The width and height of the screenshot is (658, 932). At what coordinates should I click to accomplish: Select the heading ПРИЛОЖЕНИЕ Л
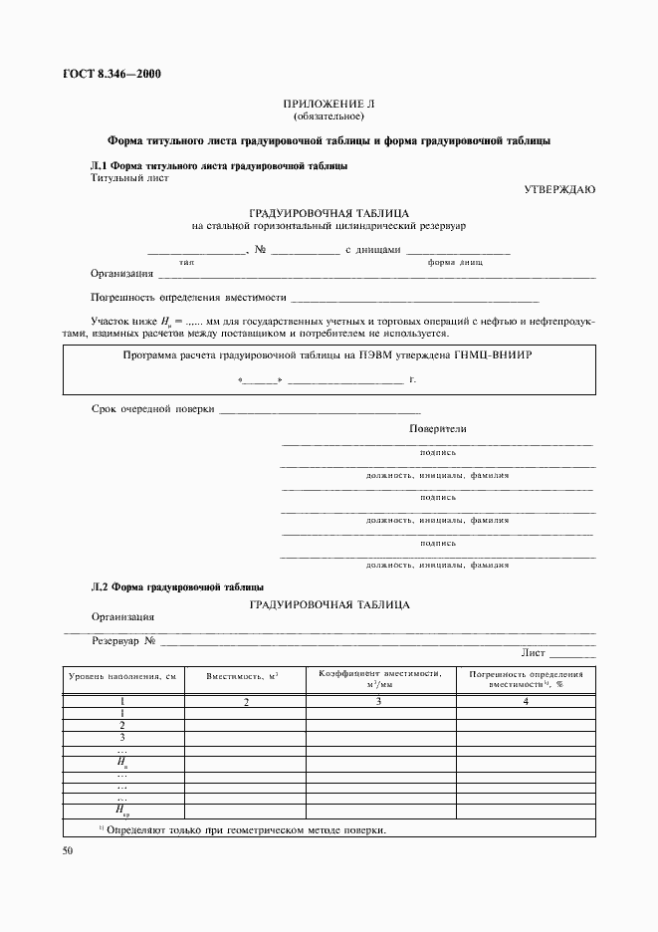pos(329,104)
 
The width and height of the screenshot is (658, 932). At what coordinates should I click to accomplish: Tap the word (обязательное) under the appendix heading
pos(329,116)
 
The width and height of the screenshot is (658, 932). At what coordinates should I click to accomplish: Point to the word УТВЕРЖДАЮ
pos(559,189)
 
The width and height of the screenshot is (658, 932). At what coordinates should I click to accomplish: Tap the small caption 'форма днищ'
pos(455,262)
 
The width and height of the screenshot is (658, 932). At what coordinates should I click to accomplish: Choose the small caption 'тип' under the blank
pos(186,262)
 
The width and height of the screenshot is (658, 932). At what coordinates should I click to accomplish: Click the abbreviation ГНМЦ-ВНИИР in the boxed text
pos(501,355)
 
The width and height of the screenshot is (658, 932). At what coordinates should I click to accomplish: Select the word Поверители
pos(437,429)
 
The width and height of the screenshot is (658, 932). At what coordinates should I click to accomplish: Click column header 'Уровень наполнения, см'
pos(121,677)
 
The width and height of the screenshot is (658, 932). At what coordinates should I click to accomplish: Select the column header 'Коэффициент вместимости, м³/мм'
pos(379,678)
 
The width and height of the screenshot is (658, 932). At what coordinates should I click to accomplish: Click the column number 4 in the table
pos(526,702)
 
